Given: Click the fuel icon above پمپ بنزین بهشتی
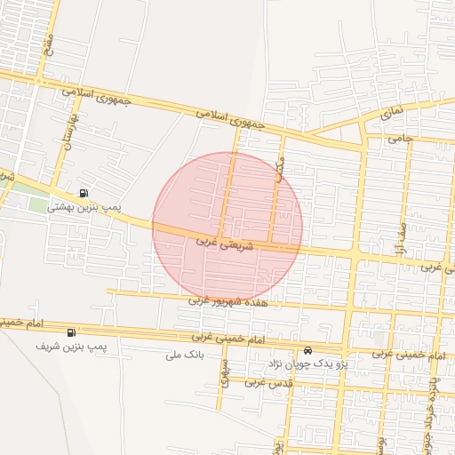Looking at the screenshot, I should click(84, 193).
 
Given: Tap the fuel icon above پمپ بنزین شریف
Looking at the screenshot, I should click(71, 332).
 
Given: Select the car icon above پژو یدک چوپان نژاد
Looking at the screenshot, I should click(307, 350).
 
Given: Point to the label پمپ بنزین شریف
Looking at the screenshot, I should click(71, 345).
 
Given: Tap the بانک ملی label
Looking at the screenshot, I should click(185, 355).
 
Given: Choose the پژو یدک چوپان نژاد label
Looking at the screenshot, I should click(307, 364).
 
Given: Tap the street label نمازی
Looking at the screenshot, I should click(391, 114).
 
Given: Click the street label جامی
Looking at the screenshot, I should click(401, 140).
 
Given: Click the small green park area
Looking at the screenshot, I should click(37, 204).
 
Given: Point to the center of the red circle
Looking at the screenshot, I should click(227, 227).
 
